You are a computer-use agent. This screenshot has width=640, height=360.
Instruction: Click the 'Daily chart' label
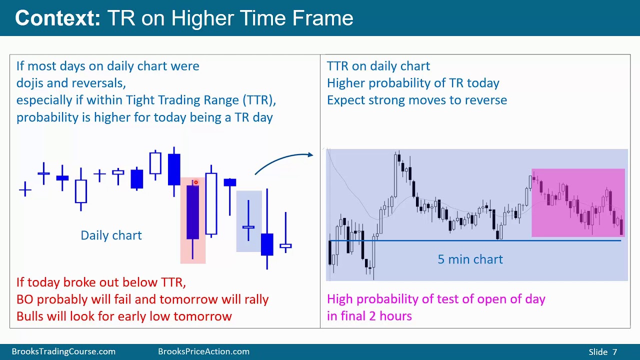click(x=111, y=235)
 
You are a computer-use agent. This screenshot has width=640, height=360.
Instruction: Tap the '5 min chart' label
click(x=470, y=259)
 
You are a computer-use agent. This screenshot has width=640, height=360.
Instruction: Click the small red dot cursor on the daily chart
click(x=196, y=182)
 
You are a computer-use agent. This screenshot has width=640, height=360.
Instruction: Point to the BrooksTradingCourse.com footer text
click(x=63, y=351)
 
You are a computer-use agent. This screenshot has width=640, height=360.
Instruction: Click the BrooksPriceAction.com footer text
click(x=203, y=351)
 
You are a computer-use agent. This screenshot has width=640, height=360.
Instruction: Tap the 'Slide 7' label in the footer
click(x=602, y=352)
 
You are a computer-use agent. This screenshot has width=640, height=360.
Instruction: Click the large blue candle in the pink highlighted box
click(x=192, y=212)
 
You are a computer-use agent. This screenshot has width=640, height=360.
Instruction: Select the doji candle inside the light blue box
click(x=248, y=227)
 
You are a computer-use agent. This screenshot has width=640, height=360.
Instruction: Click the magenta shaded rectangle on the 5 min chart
click(x=578, y=202)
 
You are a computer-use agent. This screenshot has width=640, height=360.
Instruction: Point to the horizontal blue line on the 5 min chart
click(x=475, y=241)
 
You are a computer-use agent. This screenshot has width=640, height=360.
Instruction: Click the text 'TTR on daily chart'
click(x=378, y=66)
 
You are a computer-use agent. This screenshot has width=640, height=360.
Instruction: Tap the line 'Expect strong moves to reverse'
click(x=416, y=100)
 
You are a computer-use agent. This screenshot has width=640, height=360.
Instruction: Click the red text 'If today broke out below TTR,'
click(x=101, y=282)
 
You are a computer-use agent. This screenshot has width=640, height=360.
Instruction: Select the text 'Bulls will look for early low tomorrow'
click(x=124, y=316)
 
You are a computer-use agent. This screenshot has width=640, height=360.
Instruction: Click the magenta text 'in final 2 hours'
click(x=369, y=316)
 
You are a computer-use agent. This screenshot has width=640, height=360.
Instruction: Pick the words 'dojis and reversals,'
click(x=71, y=83)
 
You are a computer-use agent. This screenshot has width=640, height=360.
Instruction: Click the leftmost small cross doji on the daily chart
click(x=25, y=189)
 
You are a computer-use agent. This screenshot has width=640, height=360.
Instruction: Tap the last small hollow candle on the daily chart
click(x=285, y=245)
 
